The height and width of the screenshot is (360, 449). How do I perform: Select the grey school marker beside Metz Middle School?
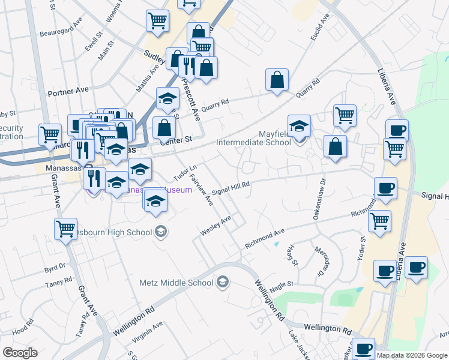[223, 282]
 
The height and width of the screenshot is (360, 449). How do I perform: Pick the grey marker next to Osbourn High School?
[160, 232]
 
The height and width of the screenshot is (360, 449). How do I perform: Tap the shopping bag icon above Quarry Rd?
[277, 80]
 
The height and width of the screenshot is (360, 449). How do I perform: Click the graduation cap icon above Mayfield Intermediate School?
[299, 126]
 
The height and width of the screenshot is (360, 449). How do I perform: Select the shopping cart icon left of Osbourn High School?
[65, 229]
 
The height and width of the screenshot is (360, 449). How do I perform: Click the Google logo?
[20, 353]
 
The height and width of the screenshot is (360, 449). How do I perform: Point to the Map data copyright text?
[412, 355]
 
